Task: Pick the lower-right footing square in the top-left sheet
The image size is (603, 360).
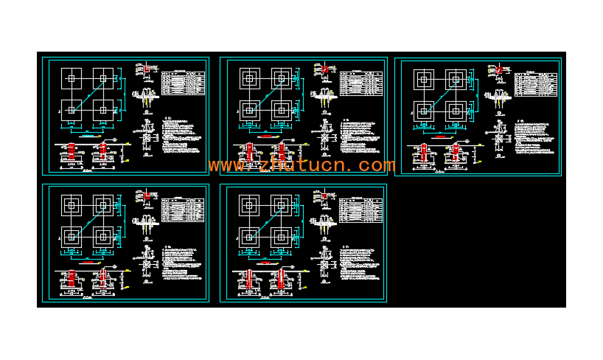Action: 103,109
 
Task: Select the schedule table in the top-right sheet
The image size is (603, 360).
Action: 536,84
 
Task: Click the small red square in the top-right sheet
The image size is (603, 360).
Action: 499,70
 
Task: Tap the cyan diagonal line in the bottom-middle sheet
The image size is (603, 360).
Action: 265,221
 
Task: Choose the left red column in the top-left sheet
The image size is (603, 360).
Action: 72,152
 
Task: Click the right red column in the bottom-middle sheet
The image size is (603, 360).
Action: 281,280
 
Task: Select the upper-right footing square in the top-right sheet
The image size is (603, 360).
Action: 456,80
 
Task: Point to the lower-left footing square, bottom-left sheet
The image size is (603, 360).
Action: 72,236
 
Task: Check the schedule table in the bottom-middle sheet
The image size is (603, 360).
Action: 361,210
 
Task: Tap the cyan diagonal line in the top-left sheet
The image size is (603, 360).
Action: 87,94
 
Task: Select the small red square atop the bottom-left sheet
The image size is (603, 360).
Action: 147,195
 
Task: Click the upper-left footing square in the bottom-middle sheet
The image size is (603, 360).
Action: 249,205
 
